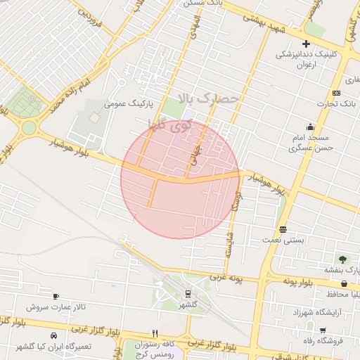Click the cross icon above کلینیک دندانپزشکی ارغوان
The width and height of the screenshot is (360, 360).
coord(306,44)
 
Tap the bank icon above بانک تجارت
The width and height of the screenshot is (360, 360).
coord(337,94)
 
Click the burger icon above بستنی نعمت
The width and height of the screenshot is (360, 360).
coord(283,229)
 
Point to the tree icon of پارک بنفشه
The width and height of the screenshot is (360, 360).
coord(342,259)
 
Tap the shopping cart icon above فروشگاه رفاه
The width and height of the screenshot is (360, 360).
coord(321,330)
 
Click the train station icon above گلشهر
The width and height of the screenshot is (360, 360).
coord(188,293)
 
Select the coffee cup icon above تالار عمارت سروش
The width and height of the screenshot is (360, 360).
coord(56,296)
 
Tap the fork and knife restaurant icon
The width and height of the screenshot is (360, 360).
coord(155,333)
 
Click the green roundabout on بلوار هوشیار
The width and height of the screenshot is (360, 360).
coord(29,128)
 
